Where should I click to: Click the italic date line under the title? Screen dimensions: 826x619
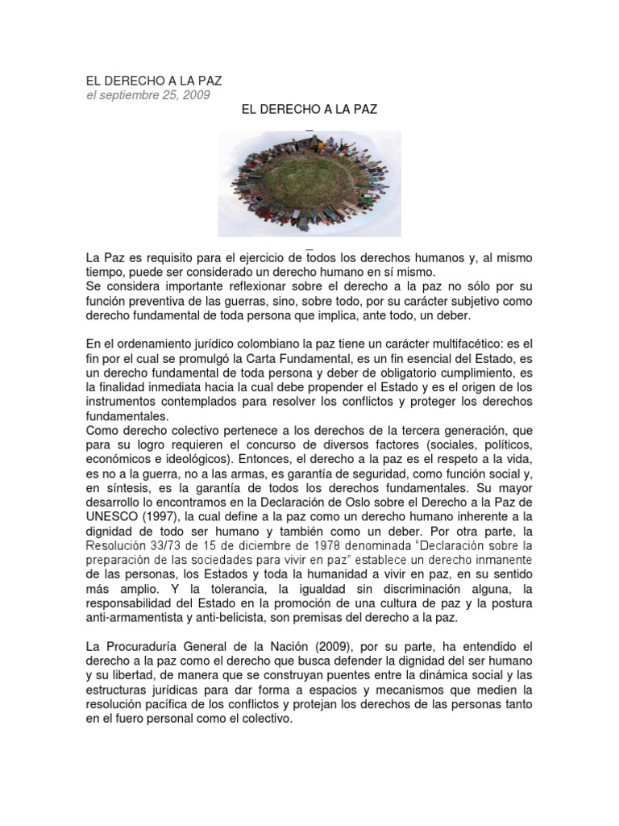pos(148,95)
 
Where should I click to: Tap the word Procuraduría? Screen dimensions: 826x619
pos(152,646)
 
